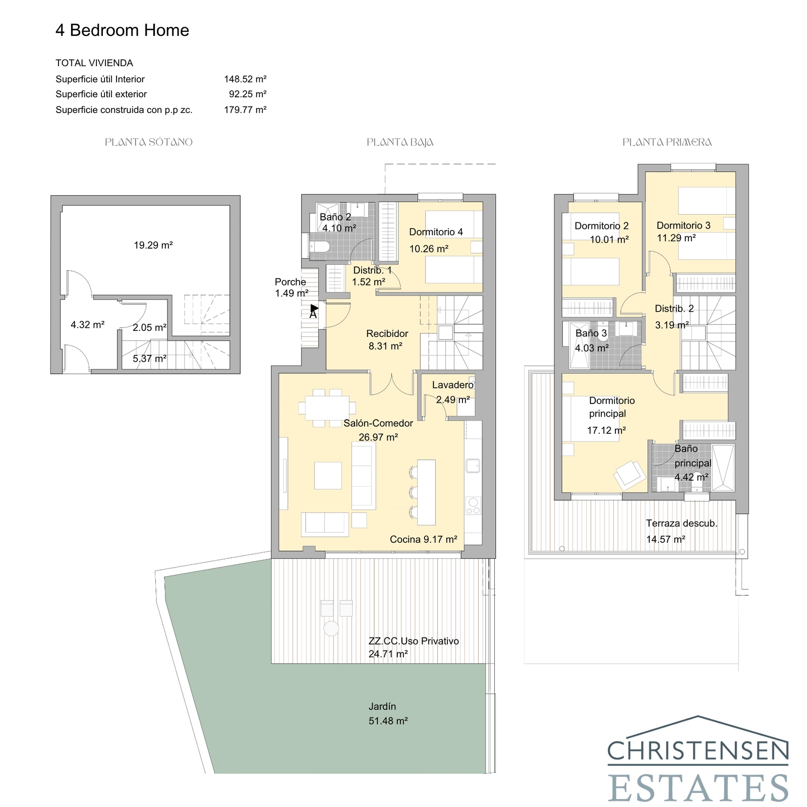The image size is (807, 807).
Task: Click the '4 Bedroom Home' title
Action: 122,30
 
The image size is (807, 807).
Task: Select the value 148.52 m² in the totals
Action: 245,79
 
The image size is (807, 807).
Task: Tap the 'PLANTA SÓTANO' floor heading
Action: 149,142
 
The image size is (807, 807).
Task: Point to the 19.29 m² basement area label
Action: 153,246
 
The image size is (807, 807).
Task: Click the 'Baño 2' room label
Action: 335,217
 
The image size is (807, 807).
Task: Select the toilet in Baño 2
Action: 319,247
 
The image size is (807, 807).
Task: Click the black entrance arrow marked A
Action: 314,308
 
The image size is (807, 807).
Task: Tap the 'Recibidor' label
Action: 387,333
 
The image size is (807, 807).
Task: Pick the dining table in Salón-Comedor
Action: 327,408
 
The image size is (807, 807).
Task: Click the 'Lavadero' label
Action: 452,385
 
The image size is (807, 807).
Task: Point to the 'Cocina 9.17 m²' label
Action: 423,539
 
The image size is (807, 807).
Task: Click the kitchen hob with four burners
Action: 473,506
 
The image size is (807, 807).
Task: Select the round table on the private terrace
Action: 331,628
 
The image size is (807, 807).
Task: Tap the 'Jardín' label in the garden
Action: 382,706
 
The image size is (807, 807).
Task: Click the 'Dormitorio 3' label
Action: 683,225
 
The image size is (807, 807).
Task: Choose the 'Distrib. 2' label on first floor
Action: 674,309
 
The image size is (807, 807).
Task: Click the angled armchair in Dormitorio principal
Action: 629,475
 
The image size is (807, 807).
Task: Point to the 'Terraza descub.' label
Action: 681,524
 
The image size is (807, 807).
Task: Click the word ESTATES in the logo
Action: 698,787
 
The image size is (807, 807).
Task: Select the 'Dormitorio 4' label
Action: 436,232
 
